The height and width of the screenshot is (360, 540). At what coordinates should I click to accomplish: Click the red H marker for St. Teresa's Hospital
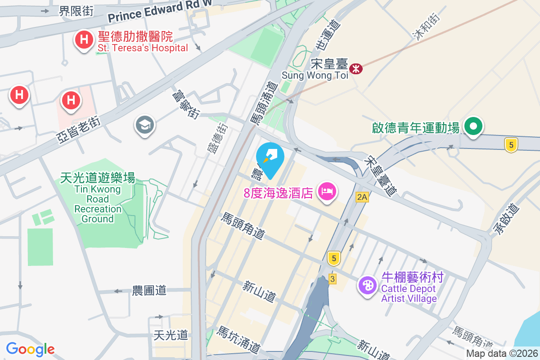(83, 40)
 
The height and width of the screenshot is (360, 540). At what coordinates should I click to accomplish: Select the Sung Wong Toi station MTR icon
(356, 69)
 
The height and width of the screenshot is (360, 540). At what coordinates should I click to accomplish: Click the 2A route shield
(362, 197)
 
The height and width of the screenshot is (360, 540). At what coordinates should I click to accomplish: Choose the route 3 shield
(333, 279)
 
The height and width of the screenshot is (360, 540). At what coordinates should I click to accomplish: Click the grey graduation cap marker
(144, 125)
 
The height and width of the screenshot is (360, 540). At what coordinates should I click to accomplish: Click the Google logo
(30, 349)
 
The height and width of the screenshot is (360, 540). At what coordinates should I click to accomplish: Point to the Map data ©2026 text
(502, 354)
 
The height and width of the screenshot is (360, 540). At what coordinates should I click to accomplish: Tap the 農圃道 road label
(149, 290)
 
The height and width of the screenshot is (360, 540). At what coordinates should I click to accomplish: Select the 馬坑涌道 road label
(238, 339)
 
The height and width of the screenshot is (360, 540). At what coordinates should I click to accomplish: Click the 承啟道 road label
(506, 220)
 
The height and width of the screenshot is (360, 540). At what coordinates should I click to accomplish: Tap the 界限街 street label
(76, 11)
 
